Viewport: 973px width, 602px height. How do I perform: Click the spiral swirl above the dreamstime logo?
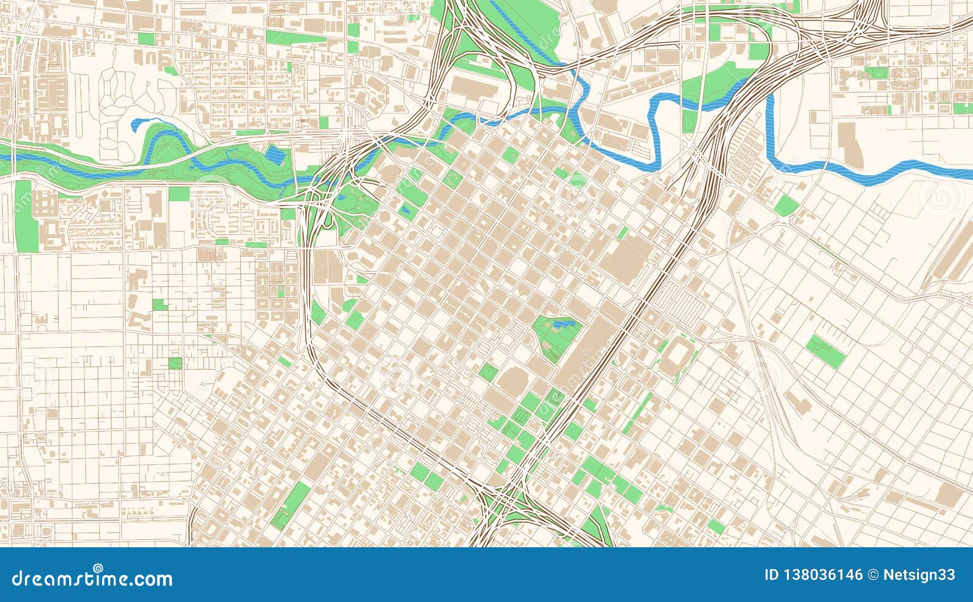[97, 569]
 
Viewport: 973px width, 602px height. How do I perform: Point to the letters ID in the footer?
[771, 575]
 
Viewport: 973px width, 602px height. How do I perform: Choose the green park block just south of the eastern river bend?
[787, 206]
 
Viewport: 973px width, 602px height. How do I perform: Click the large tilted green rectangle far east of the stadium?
[826, 351]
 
